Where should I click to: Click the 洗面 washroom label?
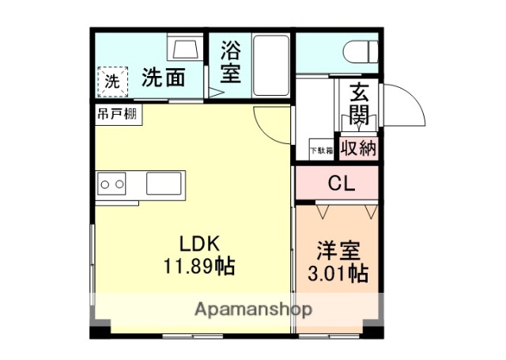coord(164,78)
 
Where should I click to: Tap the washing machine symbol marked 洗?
coord(112,80)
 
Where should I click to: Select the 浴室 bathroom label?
coord(230,63)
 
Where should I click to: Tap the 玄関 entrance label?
coord(358,104)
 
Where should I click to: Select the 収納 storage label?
coord(358,148)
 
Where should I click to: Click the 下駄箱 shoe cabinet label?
coord(320,150)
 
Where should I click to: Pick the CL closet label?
coord(342,184)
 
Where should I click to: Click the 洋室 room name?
coord(338,250)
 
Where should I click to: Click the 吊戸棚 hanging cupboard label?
coord(118,114)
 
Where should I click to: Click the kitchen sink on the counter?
coord(164,184)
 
